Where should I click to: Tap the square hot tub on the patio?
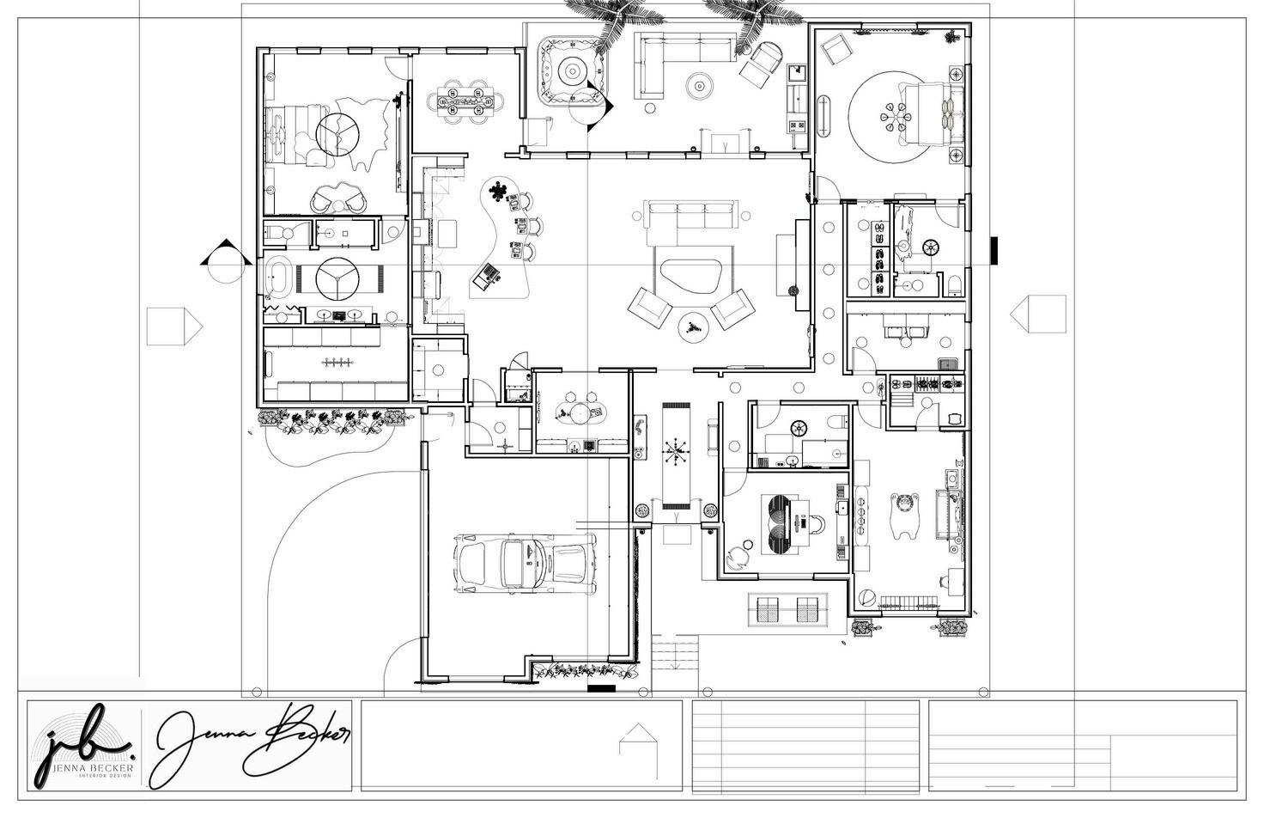pos(568,67)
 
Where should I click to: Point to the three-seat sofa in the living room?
pos(692,216)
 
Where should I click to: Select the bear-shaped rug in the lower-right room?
pos(904,513)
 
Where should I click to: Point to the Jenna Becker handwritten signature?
pos(253,744)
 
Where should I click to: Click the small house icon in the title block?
pos(636,741)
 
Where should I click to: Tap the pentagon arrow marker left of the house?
pos(174,327)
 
